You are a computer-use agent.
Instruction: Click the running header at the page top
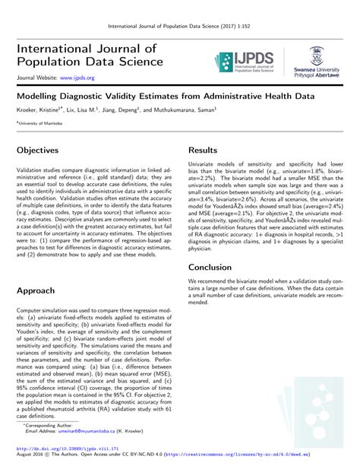pyautogui.click(x=180, y=26)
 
